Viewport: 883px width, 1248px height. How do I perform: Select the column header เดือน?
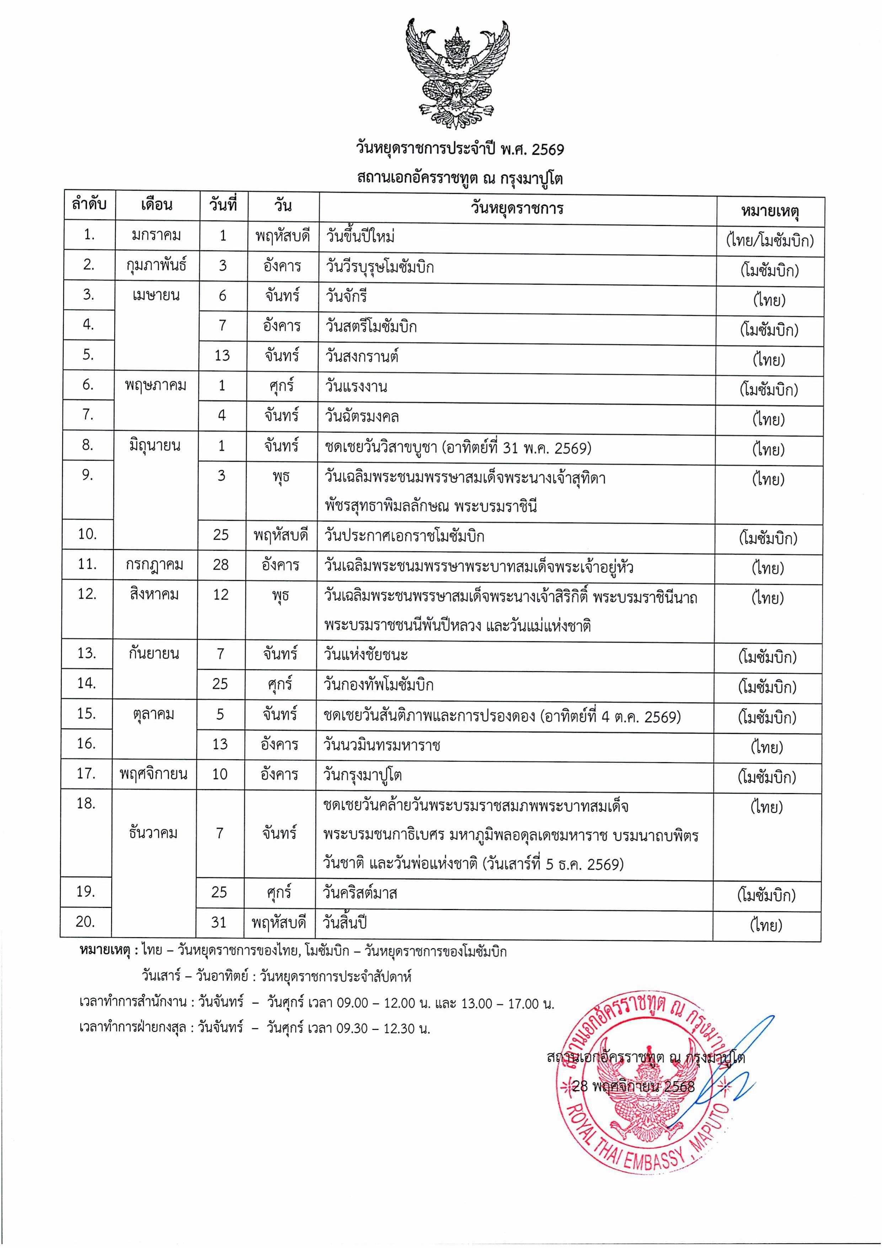coord(157,205)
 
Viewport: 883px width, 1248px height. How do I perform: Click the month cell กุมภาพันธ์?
coord(157,265)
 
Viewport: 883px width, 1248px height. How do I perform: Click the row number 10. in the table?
coord(87,534)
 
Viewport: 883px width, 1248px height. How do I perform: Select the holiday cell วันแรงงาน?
coord(356,386)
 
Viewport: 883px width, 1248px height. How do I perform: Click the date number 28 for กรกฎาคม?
coord(221,565)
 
